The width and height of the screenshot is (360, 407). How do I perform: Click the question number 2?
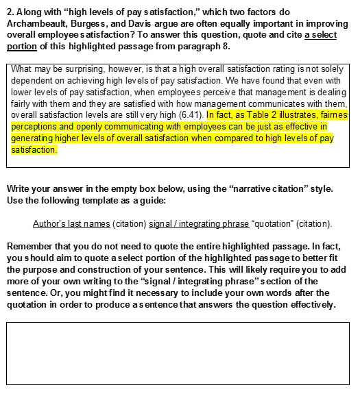point(10,12)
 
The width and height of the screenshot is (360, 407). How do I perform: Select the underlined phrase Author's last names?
point(71,223)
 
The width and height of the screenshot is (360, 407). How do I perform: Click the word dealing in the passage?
point(331,92)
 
